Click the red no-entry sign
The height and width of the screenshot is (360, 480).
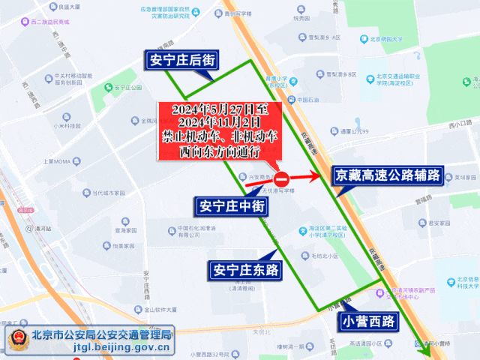(x=281, y=178)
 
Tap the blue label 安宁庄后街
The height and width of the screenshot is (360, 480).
(x=182, y=61)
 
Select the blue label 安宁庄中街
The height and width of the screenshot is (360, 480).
(x=231, y=204)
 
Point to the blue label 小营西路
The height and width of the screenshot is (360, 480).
(x=368, y=321)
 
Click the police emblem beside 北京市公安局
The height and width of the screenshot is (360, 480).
(x=16, y=340)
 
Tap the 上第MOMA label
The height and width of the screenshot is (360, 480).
(x=57, y=161)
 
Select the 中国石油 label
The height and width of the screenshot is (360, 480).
(x=307, y=100)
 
